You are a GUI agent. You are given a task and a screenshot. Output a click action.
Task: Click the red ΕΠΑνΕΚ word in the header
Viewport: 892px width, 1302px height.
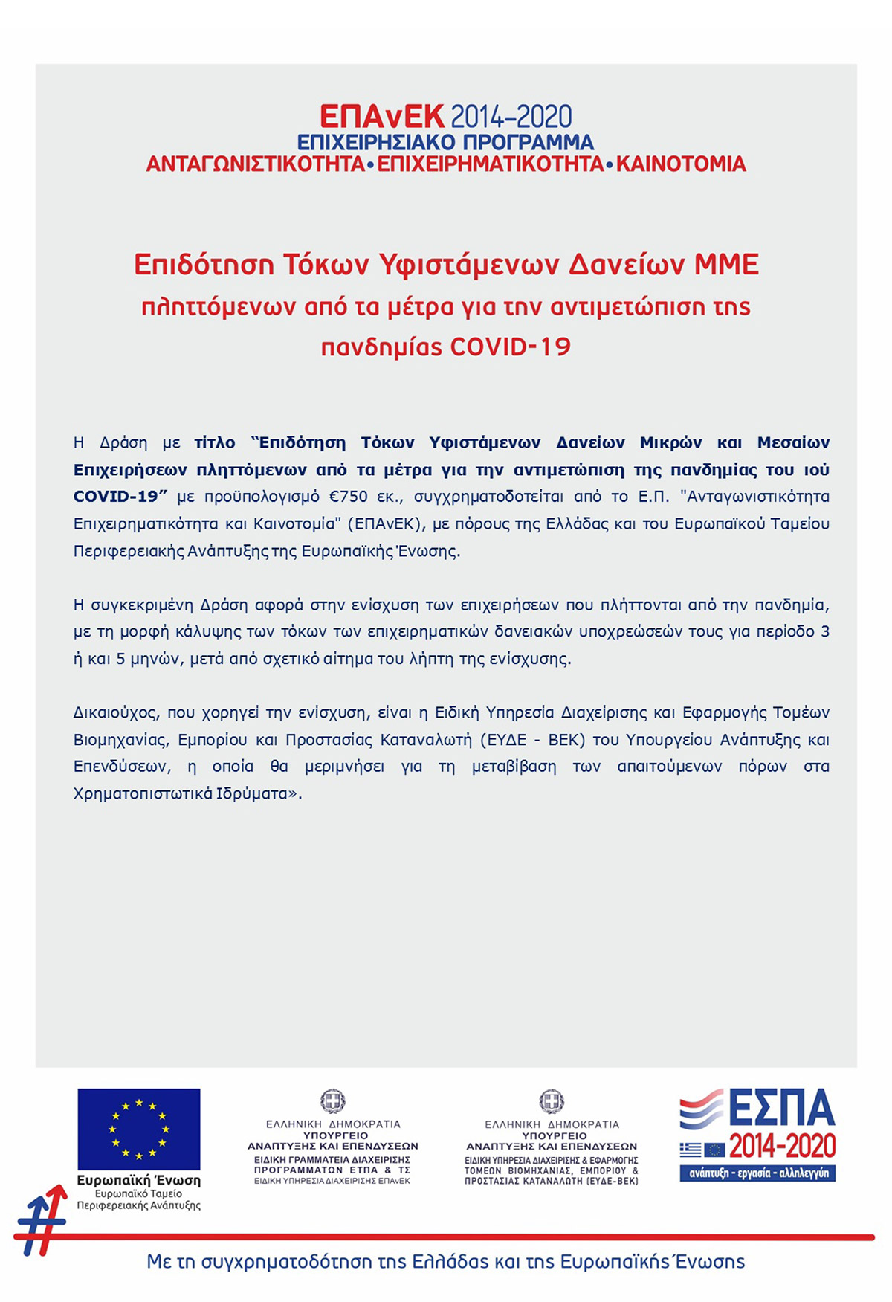[x=381, y=117]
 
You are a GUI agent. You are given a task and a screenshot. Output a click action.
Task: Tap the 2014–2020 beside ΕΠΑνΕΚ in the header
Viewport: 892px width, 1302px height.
[x=511, y=117]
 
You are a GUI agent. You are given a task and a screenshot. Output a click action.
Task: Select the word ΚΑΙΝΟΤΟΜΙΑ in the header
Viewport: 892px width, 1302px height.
[x=681, y=164]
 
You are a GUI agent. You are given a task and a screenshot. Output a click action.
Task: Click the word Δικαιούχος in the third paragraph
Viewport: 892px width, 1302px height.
[x=115, y=713]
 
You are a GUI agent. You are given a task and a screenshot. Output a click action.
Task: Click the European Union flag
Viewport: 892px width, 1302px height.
[x=139, y=1129]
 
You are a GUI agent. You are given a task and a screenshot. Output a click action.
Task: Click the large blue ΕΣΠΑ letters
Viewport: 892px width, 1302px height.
[x=781, y=1109]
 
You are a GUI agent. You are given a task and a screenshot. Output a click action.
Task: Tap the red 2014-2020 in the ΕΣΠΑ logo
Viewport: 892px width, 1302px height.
[x=782, y=1147]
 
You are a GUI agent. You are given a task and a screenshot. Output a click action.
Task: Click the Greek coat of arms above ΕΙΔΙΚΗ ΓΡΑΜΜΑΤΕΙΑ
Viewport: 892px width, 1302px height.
[x=333, y=1100]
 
